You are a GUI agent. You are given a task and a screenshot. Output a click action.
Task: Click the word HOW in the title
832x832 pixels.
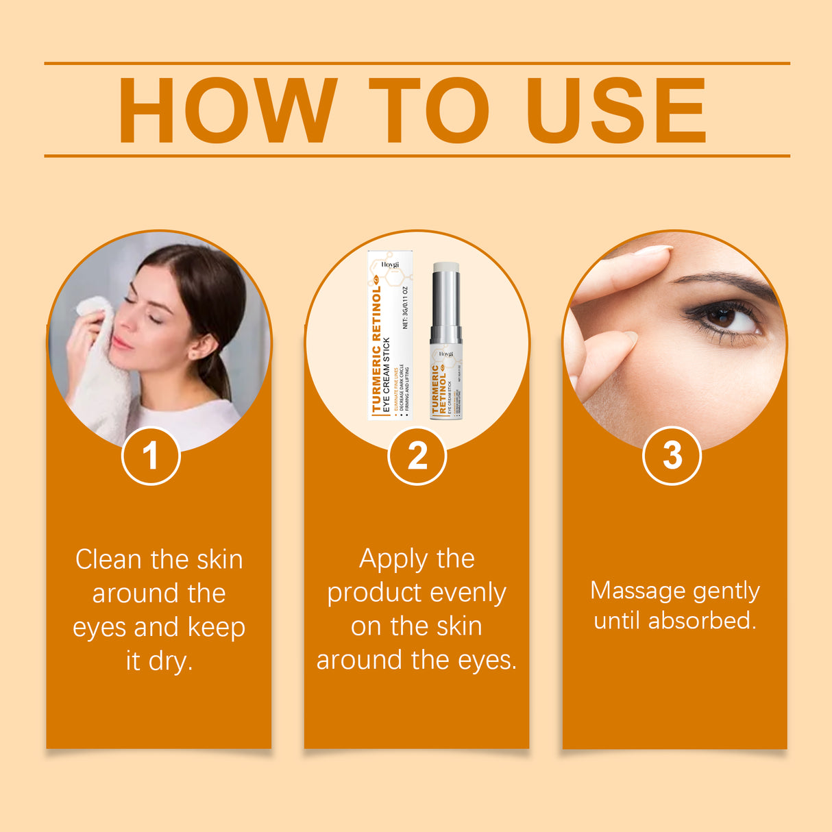coord(227,111)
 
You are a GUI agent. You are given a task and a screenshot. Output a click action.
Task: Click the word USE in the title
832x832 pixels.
coord(615,111)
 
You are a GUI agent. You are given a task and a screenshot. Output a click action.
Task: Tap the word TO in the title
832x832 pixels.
coord(429,111)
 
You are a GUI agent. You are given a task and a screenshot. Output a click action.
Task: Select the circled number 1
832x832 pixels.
coord(151,456)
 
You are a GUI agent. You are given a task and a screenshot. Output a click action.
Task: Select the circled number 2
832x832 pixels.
coord(417,456)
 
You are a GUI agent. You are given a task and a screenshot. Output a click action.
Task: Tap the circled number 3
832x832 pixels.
coord(672,456)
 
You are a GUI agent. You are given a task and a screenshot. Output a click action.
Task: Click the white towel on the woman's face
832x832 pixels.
coord(103,370)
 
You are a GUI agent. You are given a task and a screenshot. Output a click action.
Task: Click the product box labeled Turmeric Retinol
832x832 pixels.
coord(390,336)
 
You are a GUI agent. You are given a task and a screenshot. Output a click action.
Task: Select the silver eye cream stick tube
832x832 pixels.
coord(445,343)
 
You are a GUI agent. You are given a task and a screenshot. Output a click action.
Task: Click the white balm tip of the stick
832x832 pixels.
coord(446,267)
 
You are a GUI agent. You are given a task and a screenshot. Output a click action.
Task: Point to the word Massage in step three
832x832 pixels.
coord(637,591)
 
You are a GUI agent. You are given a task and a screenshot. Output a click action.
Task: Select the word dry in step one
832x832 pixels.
coord(170,661)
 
